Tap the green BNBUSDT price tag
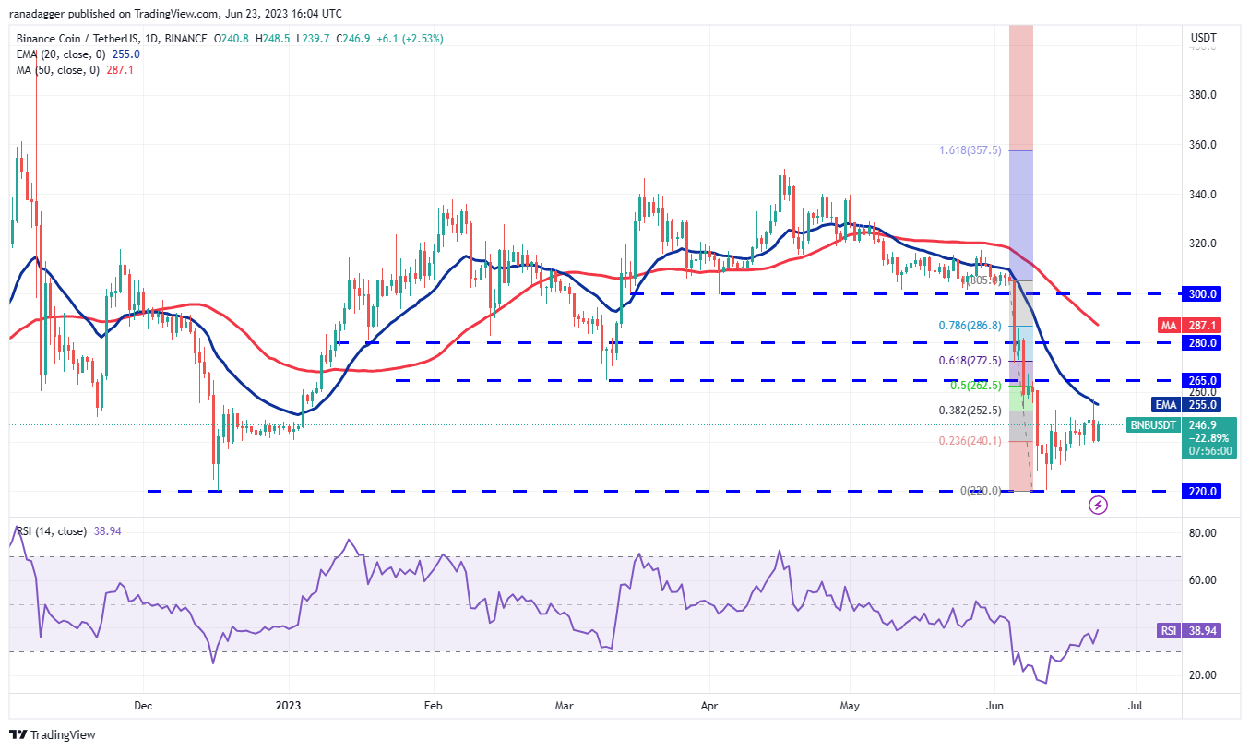1153,425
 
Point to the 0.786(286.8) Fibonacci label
969,326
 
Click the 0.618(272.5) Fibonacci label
969,361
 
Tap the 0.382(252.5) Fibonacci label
969,411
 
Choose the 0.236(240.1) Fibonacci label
969,441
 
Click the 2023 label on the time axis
289,706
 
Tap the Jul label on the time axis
1136,706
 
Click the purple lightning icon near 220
1098,505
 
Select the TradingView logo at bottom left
53,734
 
